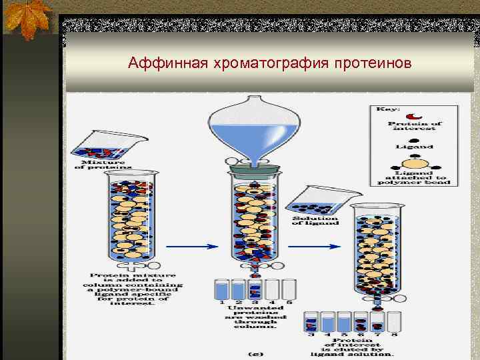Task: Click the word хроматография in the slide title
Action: [x=266, y=64]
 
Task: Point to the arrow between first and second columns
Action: [x=191, y=246]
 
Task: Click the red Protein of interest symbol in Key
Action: [x=415, y=115]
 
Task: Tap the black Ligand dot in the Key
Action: [x=415, y=139]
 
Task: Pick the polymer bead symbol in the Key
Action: [x=415, y=164]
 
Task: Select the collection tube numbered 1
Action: [x=221, y=289]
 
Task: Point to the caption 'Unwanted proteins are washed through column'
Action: [x=252, y=317]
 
